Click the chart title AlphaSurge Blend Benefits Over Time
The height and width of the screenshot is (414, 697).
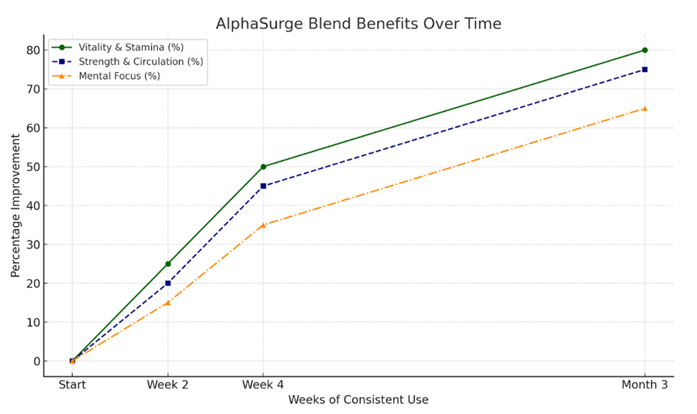point(358,24)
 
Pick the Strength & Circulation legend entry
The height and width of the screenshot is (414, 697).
point(140,62)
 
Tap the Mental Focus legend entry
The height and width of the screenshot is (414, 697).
point(119,76)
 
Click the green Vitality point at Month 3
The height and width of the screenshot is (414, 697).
point(645,50)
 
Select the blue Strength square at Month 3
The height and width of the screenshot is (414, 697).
point(645,69)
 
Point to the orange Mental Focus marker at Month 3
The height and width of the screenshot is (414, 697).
point(645,109)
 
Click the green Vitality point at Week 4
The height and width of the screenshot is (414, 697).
point(264,167)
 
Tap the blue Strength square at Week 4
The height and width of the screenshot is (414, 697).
point(264,186)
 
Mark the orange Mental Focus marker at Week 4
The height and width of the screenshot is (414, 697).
point(264,225)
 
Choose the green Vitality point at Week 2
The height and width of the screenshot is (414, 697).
point(168,264)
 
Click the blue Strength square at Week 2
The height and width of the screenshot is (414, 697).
point(168,283)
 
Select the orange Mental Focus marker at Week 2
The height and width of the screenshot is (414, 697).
point(168,303)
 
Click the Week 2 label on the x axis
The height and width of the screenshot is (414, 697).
point(168,384)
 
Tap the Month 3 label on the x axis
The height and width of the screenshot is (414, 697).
point(645,384)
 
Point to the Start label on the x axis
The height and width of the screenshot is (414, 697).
point(72,384)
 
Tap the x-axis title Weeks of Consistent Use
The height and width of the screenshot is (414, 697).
point(358,400)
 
